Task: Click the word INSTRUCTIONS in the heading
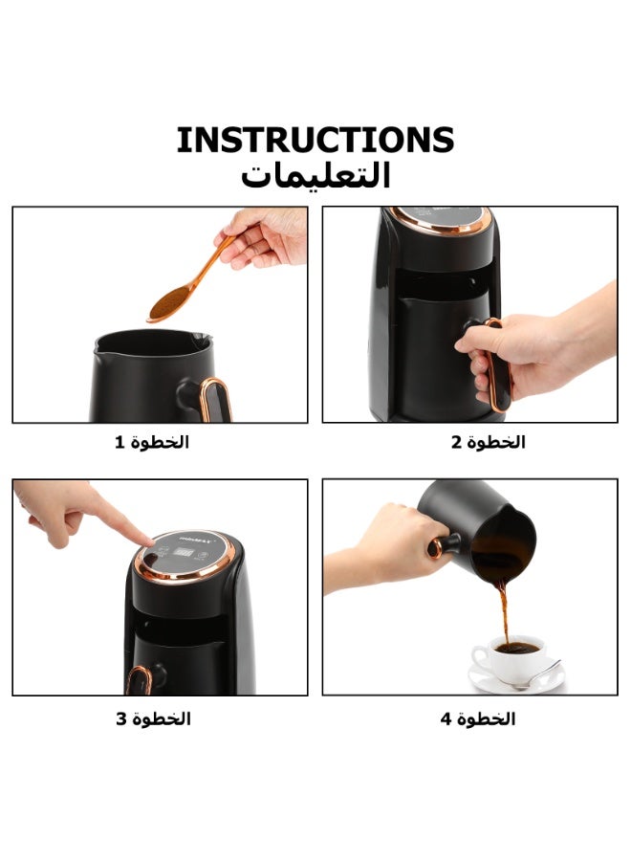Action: [315, 140]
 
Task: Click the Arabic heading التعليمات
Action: [315, 175]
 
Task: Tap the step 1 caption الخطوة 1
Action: [152, 442]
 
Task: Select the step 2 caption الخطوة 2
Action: [489, 442]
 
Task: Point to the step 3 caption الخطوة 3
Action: [153, 718]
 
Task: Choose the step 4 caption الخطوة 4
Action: [478, 718]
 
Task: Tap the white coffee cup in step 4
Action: [508, 658]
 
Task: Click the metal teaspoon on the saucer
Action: [535, 676]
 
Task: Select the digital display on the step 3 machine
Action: [183, 551]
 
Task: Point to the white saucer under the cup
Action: [515, 680]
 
